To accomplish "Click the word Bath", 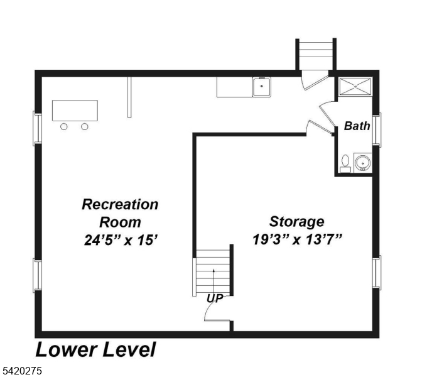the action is click(357, 126).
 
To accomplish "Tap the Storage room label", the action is click(297, 222).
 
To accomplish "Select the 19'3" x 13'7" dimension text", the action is click(297, 239).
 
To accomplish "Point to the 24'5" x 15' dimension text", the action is click(121, 240).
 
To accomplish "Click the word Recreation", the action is click(120, 204).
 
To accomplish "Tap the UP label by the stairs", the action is click(215, 298).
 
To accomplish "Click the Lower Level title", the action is click(95, 350).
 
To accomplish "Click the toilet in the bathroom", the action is click(345, 164).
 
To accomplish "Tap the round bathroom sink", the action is click(363, 163).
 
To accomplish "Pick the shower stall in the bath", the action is click(355, 87).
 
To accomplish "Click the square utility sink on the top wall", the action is click(261, 87).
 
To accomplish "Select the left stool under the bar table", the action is click(63, 127).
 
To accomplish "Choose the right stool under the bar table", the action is click(85, 127).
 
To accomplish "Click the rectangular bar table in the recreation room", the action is click(75, 111).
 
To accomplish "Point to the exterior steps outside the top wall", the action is click(316, 54).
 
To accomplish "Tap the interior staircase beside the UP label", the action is click(213, 273).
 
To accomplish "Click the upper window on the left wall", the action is click(38, 128).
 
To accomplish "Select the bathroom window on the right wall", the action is click(377, 130).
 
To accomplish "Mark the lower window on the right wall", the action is click(377, 273).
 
